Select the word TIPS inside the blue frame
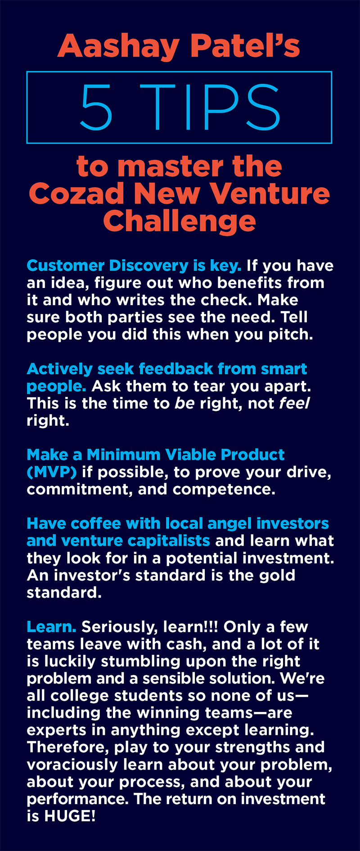pyautogui.click(x=210, y=108)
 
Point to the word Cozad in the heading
pyautogui.click(x=76, y=193)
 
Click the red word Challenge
pyautogui.click(x=180, y=221)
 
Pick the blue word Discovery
pyautogui.click(x=148, y=266)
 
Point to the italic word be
pyautogui.click(x=184, y=403)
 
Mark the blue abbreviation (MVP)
pyautogui.click(x=51, y=472)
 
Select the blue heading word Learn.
pyautogui.click(x=51, y=627)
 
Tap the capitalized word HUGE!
pyautogui.click(x=70, y=816)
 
